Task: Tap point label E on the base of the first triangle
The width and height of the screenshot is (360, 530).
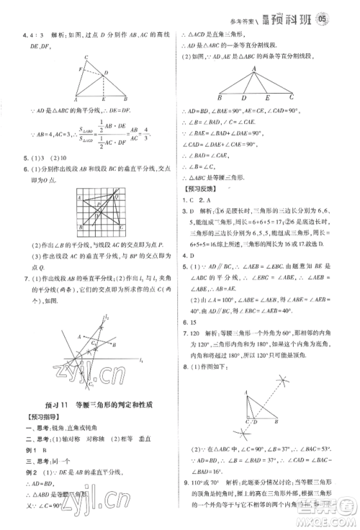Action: tap(106, 101)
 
